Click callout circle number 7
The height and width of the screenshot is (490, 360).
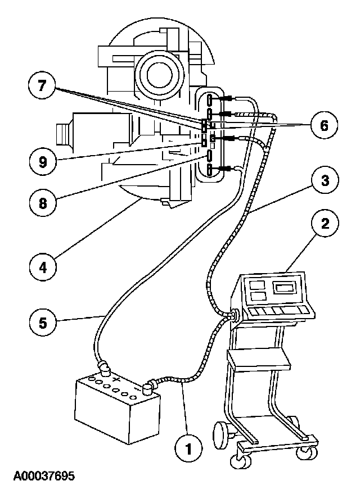tap(42, 88)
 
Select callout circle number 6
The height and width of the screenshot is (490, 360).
tap(324, 124)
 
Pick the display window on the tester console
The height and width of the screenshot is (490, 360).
tap(286, 289)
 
